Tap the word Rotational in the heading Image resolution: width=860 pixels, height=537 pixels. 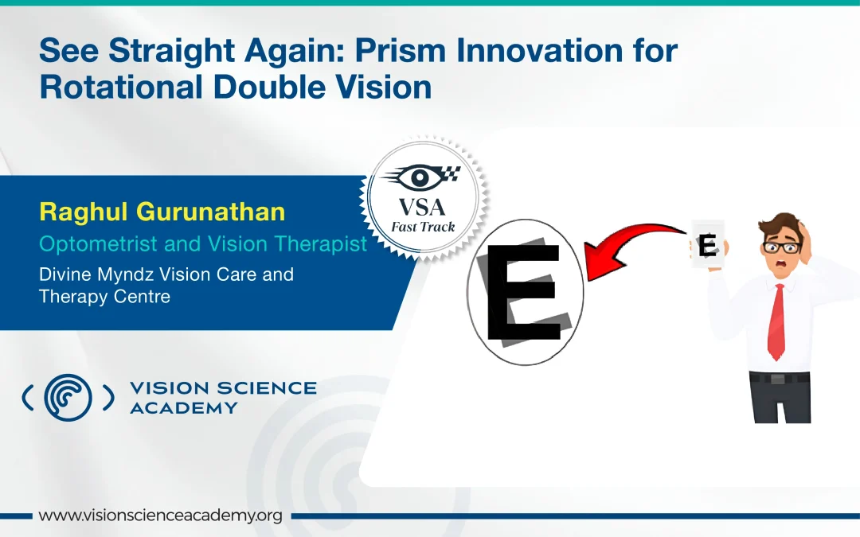[x=121, y=88]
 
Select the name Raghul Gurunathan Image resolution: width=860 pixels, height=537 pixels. [x=162, y=212]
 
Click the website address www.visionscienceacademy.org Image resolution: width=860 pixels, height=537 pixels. [x=160, y=516]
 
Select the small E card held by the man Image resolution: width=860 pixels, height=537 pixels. [x=708, y=244]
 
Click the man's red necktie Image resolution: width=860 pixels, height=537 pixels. [x=776, y=322]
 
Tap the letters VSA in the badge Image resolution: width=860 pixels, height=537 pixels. [x=422, y=208]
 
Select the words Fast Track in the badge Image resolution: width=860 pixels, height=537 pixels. [x=423, y=227]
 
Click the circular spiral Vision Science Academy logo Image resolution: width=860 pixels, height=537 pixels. [x=68, y=397]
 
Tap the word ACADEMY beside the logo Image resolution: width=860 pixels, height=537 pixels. [x=184, y=408]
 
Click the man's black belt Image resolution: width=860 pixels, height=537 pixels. [x=780, y=378]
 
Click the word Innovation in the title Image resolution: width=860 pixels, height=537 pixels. [x=540, y=50]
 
